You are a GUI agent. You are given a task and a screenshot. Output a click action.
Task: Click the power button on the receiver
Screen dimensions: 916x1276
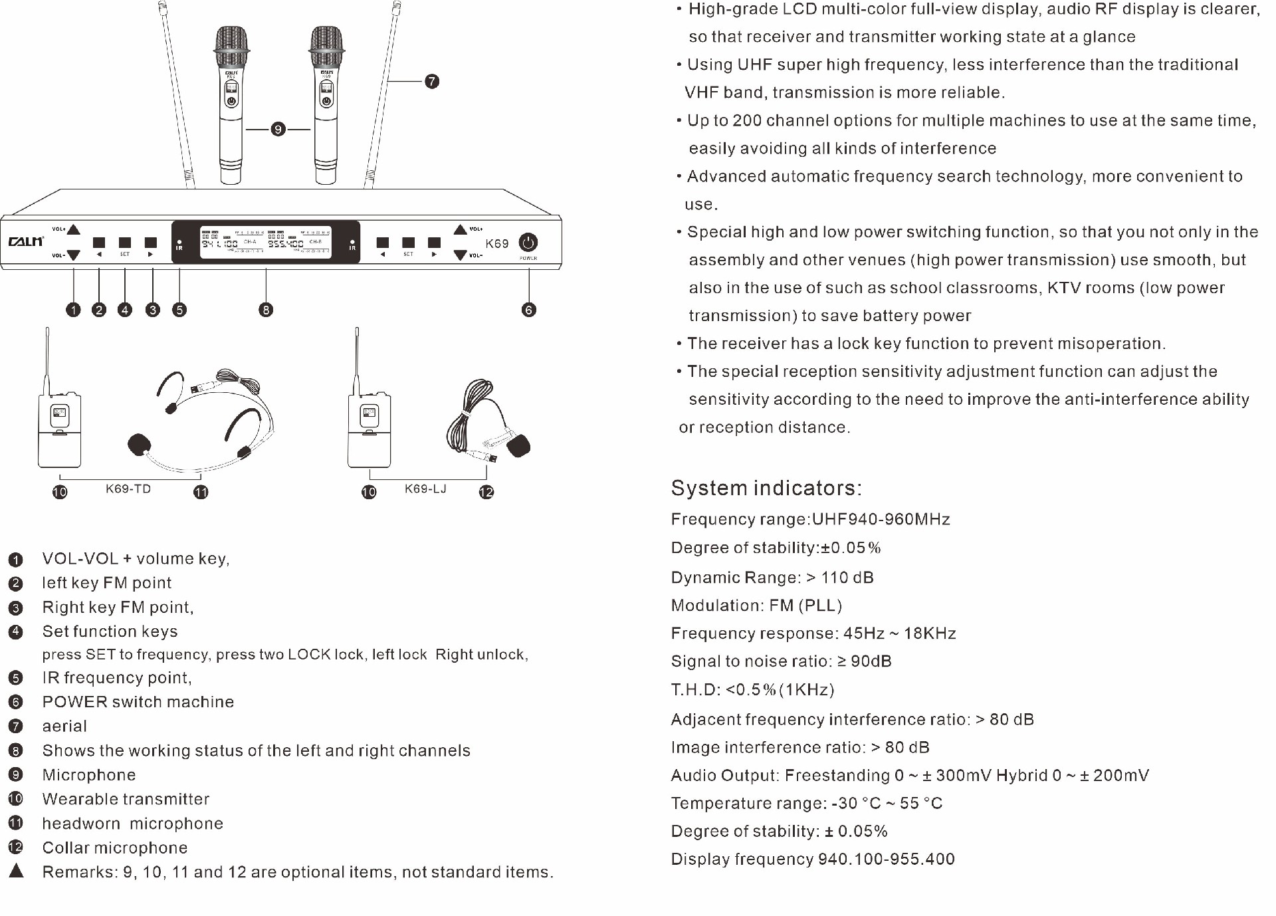click(528, 242)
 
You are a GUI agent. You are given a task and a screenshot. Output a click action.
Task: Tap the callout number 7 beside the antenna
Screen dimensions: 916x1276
click(432, 81)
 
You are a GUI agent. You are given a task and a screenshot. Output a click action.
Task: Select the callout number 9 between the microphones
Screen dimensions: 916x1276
click(278, 129)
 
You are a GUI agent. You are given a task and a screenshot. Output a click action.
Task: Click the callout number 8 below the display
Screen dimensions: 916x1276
click(266, 310)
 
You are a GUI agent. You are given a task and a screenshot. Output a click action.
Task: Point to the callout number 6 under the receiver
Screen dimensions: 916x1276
click(529, 310)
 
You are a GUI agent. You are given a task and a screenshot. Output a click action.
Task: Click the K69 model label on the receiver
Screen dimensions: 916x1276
click(496, 243)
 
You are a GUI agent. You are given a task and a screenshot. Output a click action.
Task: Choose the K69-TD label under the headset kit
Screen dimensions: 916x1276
click(128, 489)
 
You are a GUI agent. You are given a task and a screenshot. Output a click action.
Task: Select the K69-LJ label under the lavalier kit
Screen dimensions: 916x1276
click(425, 489)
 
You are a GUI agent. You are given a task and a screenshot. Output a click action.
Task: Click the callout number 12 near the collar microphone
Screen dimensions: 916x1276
click(486, 492)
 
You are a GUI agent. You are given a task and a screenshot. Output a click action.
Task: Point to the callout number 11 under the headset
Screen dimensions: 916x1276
click(201, 492)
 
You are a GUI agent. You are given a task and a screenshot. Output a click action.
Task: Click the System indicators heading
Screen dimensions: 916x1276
click(766, 488)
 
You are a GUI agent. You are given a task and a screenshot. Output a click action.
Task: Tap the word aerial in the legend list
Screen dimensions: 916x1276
click(64, 727)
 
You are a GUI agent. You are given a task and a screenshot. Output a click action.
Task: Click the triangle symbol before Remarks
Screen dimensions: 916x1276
click(17, 871)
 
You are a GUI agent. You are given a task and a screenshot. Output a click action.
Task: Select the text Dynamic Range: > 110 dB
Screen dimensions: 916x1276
click(772, 578)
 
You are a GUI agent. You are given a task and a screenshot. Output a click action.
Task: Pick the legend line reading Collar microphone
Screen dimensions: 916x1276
click(115, 848)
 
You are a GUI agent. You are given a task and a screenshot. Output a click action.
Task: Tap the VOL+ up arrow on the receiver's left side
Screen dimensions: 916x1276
click(74, 230)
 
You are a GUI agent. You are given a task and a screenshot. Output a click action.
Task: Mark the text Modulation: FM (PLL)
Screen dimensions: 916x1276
click(756, 606)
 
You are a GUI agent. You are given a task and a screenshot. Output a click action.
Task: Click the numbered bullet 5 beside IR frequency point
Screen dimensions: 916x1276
click(15, 678)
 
